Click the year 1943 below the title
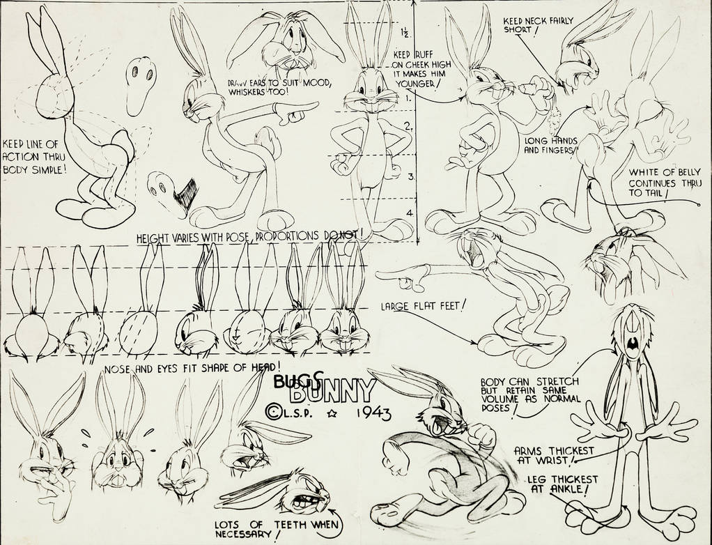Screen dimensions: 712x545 tap(373, 413)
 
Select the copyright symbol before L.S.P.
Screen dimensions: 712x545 tap(273, 413)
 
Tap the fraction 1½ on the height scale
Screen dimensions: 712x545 tap(405, 32)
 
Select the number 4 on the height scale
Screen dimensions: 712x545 tap(410, 213)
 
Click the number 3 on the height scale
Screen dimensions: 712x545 tap(410, 177)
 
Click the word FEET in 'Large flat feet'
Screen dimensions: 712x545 tap(449, 306)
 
